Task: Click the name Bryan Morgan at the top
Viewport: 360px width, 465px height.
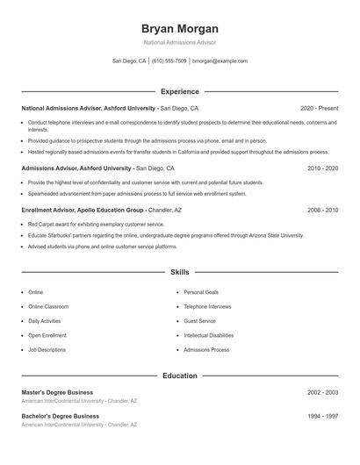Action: [180, 28]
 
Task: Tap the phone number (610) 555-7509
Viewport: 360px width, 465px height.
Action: [169, 61]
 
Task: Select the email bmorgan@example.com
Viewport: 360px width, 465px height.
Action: [220, 61]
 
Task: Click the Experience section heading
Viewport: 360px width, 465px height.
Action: [180, 91]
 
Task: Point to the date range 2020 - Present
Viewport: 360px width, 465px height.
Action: [319, 108]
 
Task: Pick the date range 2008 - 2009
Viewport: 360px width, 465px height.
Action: [322, 211]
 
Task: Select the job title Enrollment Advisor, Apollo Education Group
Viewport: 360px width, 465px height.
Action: [83, 211]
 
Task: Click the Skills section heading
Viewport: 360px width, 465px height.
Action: [180, 273]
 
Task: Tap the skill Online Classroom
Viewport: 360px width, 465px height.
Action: [49, 306]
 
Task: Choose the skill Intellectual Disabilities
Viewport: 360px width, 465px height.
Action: [208, 335]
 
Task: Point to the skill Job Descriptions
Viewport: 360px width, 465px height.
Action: [47, 349]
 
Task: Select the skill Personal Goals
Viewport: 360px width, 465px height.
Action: [201, 292]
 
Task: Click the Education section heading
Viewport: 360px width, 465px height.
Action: [180, 376]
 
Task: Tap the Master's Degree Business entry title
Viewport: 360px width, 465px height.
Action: [57, 392]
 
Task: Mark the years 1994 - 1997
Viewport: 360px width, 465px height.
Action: [322, 416]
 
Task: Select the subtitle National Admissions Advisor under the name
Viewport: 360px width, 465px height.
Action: [180, 42]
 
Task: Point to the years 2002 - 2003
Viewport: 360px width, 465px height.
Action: [322, 392]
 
